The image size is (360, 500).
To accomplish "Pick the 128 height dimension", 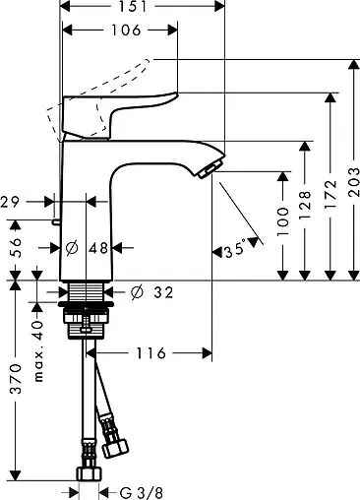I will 306,205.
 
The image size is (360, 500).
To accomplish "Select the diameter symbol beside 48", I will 71,249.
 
